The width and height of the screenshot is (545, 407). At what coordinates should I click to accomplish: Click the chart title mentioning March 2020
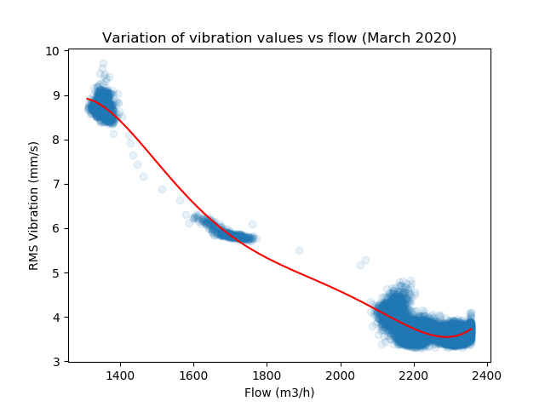tap(279, 37)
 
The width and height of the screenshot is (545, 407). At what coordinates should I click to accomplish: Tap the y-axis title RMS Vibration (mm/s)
tap(34, 206)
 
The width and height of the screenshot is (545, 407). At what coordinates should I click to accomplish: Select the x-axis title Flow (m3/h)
tap(279, 393)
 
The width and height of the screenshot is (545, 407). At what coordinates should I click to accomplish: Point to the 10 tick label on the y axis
tap(53, 51)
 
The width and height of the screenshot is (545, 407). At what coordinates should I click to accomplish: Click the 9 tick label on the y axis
tap(56, 95)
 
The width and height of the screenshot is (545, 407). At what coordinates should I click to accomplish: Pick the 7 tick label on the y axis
tap(56, 184)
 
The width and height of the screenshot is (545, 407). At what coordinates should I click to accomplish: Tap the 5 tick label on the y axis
tap(56, 272)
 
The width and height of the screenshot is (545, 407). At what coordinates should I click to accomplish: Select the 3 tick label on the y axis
tap(56, 362)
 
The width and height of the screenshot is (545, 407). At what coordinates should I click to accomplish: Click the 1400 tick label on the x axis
tap(120, 375)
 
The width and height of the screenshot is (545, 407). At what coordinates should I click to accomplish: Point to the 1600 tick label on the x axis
tap(193, 375)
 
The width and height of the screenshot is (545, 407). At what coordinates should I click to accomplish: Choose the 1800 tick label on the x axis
tap(267, 375)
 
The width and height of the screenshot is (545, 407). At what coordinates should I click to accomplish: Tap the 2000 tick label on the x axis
tap(341, 375)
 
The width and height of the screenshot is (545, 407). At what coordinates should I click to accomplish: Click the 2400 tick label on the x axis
tap(487, 375)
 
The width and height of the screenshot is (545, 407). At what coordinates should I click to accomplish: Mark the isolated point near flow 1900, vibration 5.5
tap(299, 250)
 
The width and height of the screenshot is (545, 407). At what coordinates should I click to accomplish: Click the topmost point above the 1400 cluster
tap(103, 64)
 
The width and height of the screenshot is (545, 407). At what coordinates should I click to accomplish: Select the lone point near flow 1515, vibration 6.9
tap(162, 189)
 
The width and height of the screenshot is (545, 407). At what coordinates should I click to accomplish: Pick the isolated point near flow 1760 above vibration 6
tap(252, 224)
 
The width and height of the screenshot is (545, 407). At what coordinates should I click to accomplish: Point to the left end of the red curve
tap(87, 99)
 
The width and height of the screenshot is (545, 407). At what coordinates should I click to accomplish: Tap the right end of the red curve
tap(472, 329)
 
